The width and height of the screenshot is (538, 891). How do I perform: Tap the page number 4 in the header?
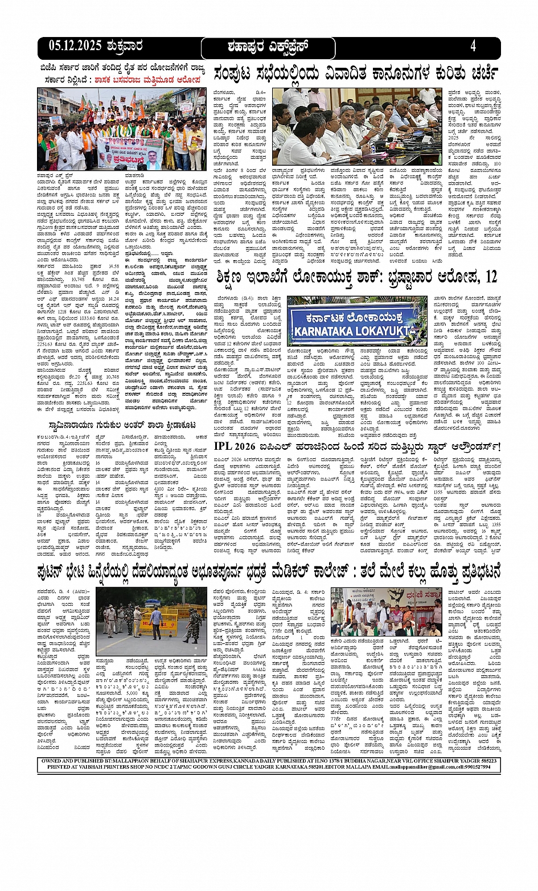click(473, 46)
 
